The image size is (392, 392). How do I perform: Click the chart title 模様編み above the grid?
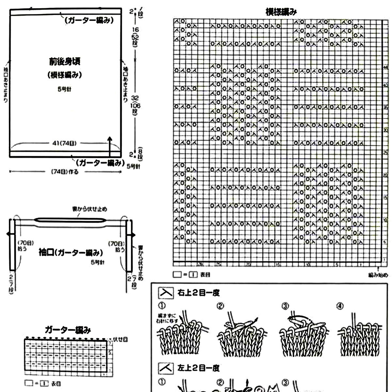click(x=281, y=12)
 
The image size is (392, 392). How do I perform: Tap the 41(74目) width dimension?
click(x=64, y=143)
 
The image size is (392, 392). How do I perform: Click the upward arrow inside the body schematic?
click(x=110, y=145)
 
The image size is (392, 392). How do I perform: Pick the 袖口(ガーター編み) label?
click(x=70, y=253)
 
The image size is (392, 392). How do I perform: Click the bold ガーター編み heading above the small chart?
click(x=68, y=330)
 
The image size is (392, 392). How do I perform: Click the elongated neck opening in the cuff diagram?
click(x=70, y=220)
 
